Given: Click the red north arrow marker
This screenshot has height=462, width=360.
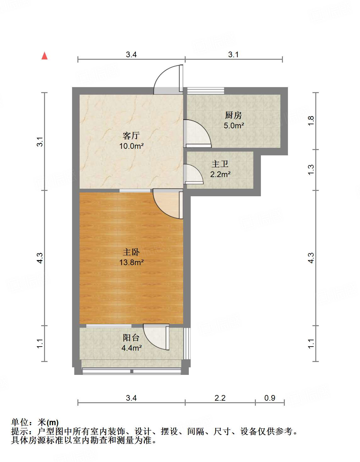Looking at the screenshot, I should point(45,56).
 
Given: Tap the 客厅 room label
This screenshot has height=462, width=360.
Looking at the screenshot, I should point(131,136).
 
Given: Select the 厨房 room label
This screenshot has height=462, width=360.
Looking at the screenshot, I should point(233,115).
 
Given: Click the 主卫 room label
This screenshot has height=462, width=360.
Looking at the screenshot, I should point(220,164).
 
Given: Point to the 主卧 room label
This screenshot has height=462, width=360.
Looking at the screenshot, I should point(131,252).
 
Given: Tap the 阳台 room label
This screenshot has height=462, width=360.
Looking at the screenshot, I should point(131,338).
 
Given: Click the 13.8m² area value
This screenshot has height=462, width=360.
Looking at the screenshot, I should point(131,262).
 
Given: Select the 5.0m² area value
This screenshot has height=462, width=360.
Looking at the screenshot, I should point(234,125).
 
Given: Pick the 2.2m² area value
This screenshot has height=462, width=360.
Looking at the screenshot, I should point(220,174).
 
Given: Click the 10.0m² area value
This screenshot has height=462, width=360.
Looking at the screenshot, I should point(131,146).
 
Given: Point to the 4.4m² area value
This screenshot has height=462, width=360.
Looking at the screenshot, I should point(131,348).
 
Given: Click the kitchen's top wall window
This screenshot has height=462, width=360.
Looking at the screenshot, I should point(206,91).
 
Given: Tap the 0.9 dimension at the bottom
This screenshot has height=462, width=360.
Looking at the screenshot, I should point(270,398).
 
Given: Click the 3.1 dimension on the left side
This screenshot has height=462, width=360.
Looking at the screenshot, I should point(40,142).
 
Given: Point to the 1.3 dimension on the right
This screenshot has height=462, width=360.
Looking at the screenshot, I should point(311,170).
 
